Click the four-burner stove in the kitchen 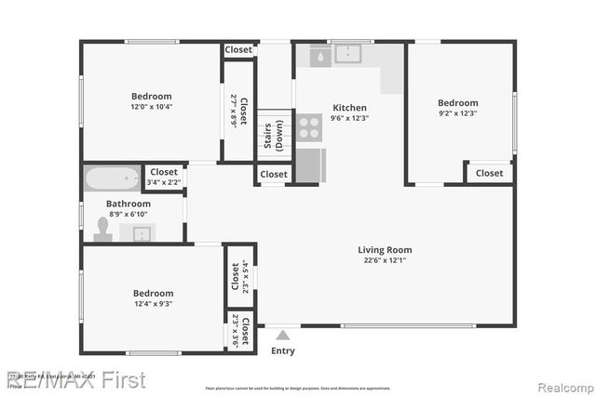point(309,126)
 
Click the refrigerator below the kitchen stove point(310,164)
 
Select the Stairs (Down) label point(272,136)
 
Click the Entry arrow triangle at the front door point(283,333)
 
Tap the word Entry point(283,350)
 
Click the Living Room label point(385,249)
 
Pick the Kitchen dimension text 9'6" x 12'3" point(350,118)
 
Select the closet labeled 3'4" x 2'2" point(164,177)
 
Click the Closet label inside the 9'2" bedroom point(489,173)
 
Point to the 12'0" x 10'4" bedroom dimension point(151,106)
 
